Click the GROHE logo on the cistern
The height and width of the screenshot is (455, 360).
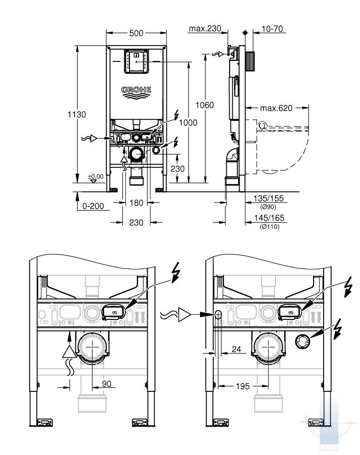point(136,92)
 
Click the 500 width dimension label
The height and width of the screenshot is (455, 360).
point(136,33)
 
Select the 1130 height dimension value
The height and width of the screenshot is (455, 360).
point(77,114)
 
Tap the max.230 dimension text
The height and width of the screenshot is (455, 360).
point(205,28)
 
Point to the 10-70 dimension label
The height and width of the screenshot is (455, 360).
point(272,29)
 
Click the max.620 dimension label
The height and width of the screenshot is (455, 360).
point(276,108)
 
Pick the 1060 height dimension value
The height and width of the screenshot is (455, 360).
point(205,105)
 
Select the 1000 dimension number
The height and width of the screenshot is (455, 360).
point(188,123)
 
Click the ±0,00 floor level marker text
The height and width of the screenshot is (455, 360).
point(95,177)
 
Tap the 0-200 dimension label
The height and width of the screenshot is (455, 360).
point(93,206)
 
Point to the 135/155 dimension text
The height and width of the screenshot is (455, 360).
point(269,198)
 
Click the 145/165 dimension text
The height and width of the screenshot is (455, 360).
point(269,217)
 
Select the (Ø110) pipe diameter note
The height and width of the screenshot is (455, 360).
point(270,227)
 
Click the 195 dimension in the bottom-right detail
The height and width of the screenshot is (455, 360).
point(243,386)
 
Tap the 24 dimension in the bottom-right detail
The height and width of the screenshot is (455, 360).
point(236,349)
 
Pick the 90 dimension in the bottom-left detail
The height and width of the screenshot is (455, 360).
point(107,384)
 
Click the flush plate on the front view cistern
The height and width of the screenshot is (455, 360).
point(136,61)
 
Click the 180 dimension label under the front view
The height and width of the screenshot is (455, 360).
point(136,202)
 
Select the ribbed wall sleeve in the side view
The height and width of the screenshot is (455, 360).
point(250,61)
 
